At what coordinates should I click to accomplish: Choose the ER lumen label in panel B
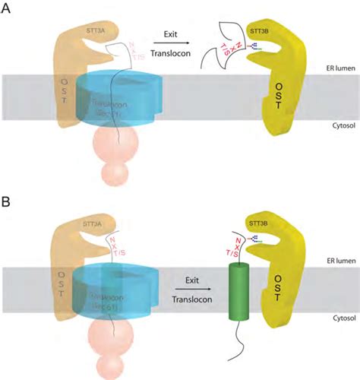tap(335, 258)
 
